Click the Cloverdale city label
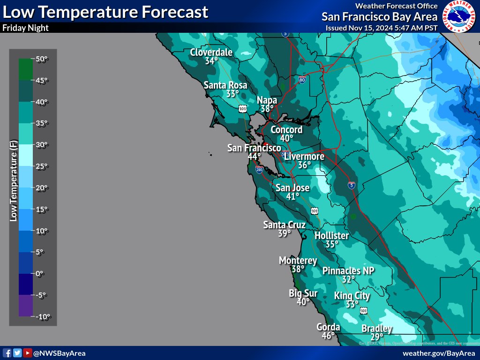[x=211, y=52]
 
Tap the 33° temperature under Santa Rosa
[x=232, y=94]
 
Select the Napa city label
[x=267, y=100]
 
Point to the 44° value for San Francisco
[x=254, y=157]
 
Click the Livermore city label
[x=304, y=156]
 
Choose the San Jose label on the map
[x=292, y=188]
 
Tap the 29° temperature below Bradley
[x=377, y=337]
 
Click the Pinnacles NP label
[x=348, y=271]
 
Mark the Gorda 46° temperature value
[x=328, y=336]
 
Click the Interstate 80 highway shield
[x=302, y=80]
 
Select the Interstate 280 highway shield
[x=259, y=169]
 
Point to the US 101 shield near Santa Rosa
[x=242, y=109]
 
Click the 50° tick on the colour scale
[x=42, y=59]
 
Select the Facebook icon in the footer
[x=7, y=353]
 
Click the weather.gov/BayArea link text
[x=438, y=353]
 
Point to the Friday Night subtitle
[x=25, y=28]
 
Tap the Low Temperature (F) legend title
[x=14, y=181]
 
